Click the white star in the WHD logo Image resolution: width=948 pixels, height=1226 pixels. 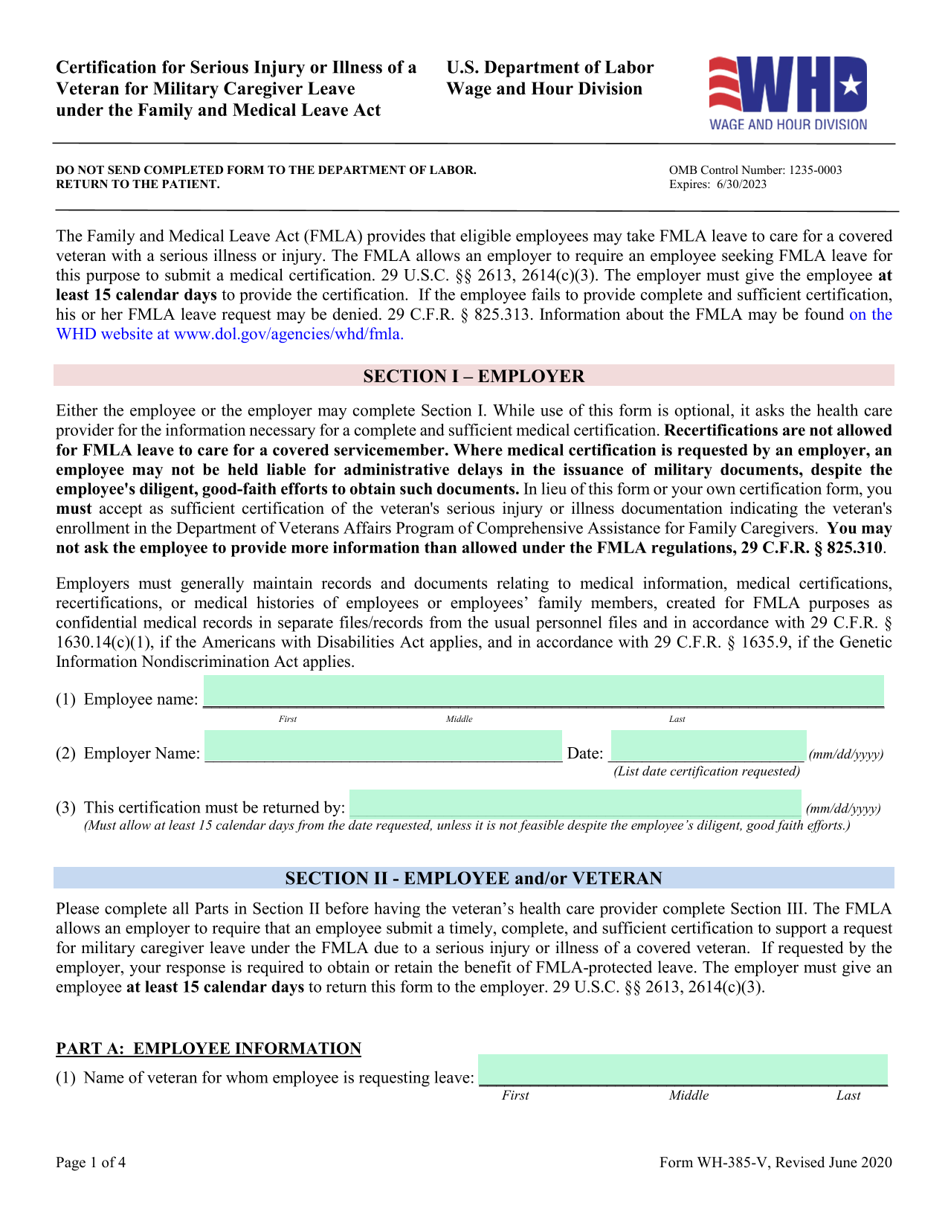tap(852, 86)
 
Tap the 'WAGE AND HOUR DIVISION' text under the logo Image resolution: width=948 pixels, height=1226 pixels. tap(788, 125)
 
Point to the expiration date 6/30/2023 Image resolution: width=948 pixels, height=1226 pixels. tap(741, 185)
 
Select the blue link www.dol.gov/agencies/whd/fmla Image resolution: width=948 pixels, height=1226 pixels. tap(288, 334)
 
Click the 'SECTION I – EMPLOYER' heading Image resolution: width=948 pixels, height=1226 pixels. tap(474, 376)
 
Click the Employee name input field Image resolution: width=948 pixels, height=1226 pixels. tap(544, 691)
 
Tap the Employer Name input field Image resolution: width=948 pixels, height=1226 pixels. tap(383, 746)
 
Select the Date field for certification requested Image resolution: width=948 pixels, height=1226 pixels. tap(708, 746)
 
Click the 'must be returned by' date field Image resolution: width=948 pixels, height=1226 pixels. tap(575, 803)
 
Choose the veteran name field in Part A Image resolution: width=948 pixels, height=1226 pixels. tap(683, 1070)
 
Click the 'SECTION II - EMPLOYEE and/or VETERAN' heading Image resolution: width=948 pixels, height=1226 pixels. tap(474, 878)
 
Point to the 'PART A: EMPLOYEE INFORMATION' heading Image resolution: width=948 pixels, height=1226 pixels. tap(208, 1048)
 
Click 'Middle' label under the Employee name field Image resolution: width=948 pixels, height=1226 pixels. tap(459, 719)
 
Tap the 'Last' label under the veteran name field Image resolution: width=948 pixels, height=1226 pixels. tap(848, 1095)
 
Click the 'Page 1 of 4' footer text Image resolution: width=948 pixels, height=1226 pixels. tap(91, 1163)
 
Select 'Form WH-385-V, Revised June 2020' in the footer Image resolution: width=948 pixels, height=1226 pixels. tap(776, 1163)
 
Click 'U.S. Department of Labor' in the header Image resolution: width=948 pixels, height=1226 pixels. tap(549, 68)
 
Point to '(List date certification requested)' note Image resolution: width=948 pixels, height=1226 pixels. tap(706, 771)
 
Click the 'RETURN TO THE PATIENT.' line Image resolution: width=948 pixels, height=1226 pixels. tap(138, 184)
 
